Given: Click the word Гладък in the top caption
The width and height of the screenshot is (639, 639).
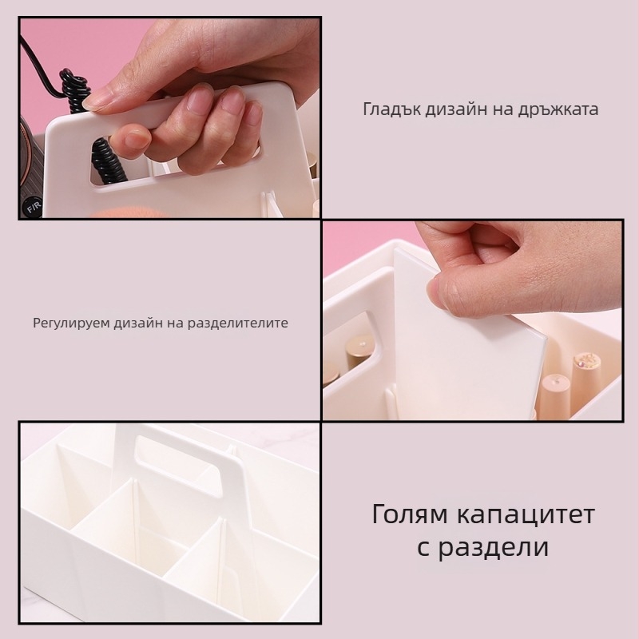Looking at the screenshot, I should click(x=390, y=109).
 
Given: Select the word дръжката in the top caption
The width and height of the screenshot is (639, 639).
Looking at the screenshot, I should click(x=559, y=109).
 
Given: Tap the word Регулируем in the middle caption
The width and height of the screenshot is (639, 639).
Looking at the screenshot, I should click(x=69, y=323).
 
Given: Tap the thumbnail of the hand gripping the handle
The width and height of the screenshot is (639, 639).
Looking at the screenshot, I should click(x=169, y=117).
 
